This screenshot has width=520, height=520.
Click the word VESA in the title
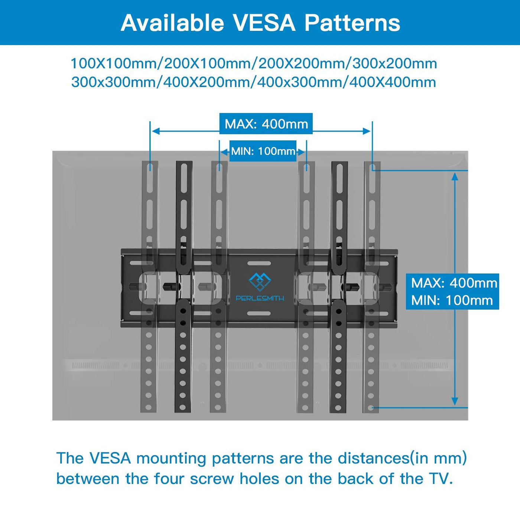[x=264, y=23]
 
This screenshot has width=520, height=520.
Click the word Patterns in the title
[x=352, y=23]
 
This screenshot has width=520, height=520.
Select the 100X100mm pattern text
[x=114, y=64]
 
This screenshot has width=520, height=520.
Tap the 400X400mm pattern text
[x=393, y=82]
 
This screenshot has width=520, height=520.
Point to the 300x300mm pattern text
[x=114, y=82]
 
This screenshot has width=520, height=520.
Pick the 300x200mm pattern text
[x=394, y=64]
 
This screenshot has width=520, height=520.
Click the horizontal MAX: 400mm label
[x=266, y=124]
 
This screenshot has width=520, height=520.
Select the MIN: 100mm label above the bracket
[x=263, y=151]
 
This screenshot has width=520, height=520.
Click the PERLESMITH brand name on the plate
[x=260, y=298]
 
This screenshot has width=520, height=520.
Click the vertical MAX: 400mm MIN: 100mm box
[x=452, y=292]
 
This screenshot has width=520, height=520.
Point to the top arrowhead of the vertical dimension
[x=455, y=176]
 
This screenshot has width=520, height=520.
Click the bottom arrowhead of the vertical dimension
[x=455, y=402]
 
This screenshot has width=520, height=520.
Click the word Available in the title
[x=172, y=23]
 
